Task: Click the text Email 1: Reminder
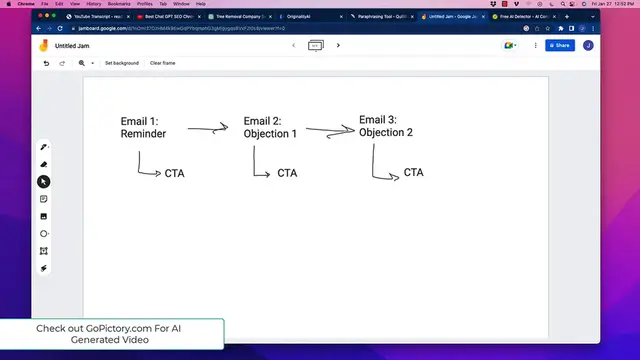point(144,127)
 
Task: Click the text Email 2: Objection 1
point(270,127)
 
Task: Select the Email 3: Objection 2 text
point(386,126)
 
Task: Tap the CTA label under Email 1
point(174,173)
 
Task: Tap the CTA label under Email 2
point(287,173)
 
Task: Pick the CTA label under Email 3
point(413,172)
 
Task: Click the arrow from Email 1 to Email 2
point(207,128)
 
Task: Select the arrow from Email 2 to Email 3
point(330,129)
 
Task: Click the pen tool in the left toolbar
point(44,147)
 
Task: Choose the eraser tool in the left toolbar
point(44,164)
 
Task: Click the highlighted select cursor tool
point(44,182)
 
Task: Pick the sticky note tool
point(44,199)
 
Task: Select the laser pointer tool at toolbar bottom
point(44,268)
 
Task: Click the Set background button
point(122,63)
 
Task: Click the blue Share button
point(559,45)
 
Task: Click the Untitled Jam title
point(73,45)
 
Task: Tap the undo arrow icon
point(46,63)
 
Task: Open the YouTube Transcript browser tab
point(95,17)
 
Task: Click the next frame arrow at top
point(339,45)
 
